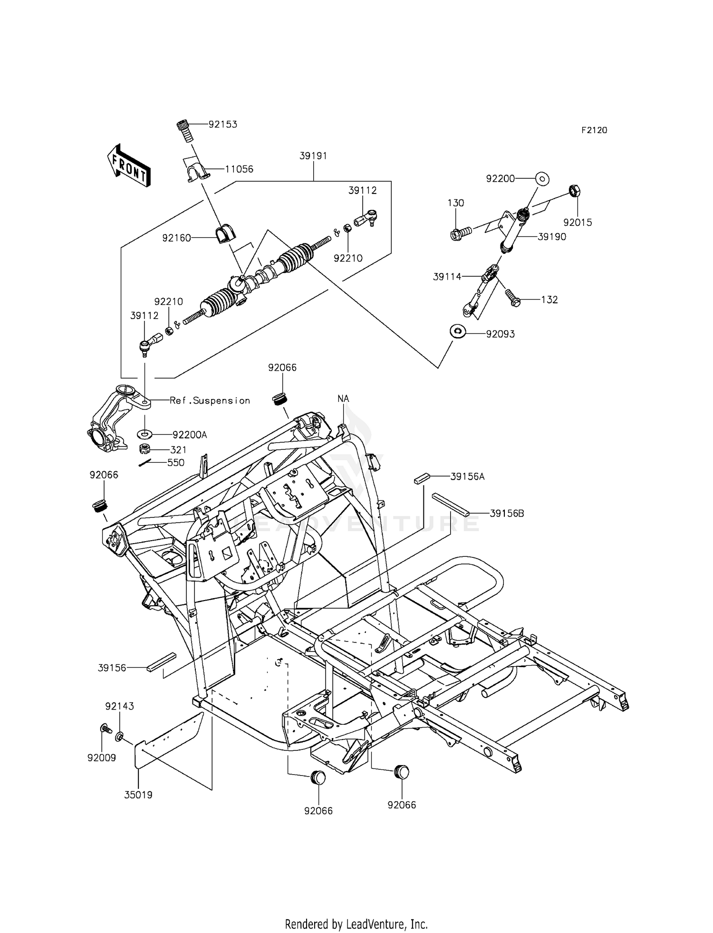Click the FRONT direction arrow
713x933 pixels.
[x=129, y=165]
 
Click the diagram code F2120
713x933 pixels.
[x=594, y=130]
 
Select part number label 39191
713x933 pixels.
[x=313, y=156]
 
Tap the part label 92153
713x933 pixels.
[x=223, y=124]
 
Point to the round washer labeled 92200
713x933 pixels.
[x=542, y=179]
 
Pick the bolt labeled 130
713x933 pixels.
[x=459, y=233]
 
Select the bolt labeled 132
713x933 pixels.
[x=512, y=298]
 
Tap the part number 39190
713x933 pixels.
[x=552, y=237]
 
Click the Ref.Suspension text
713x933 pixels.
[x=210, y=400]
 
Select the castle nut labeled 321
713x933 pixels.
[x=144, y=448]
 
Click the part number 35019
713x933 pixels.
[x=138, y=795]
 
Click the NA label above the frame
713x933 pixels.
[x=344, y=398]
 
